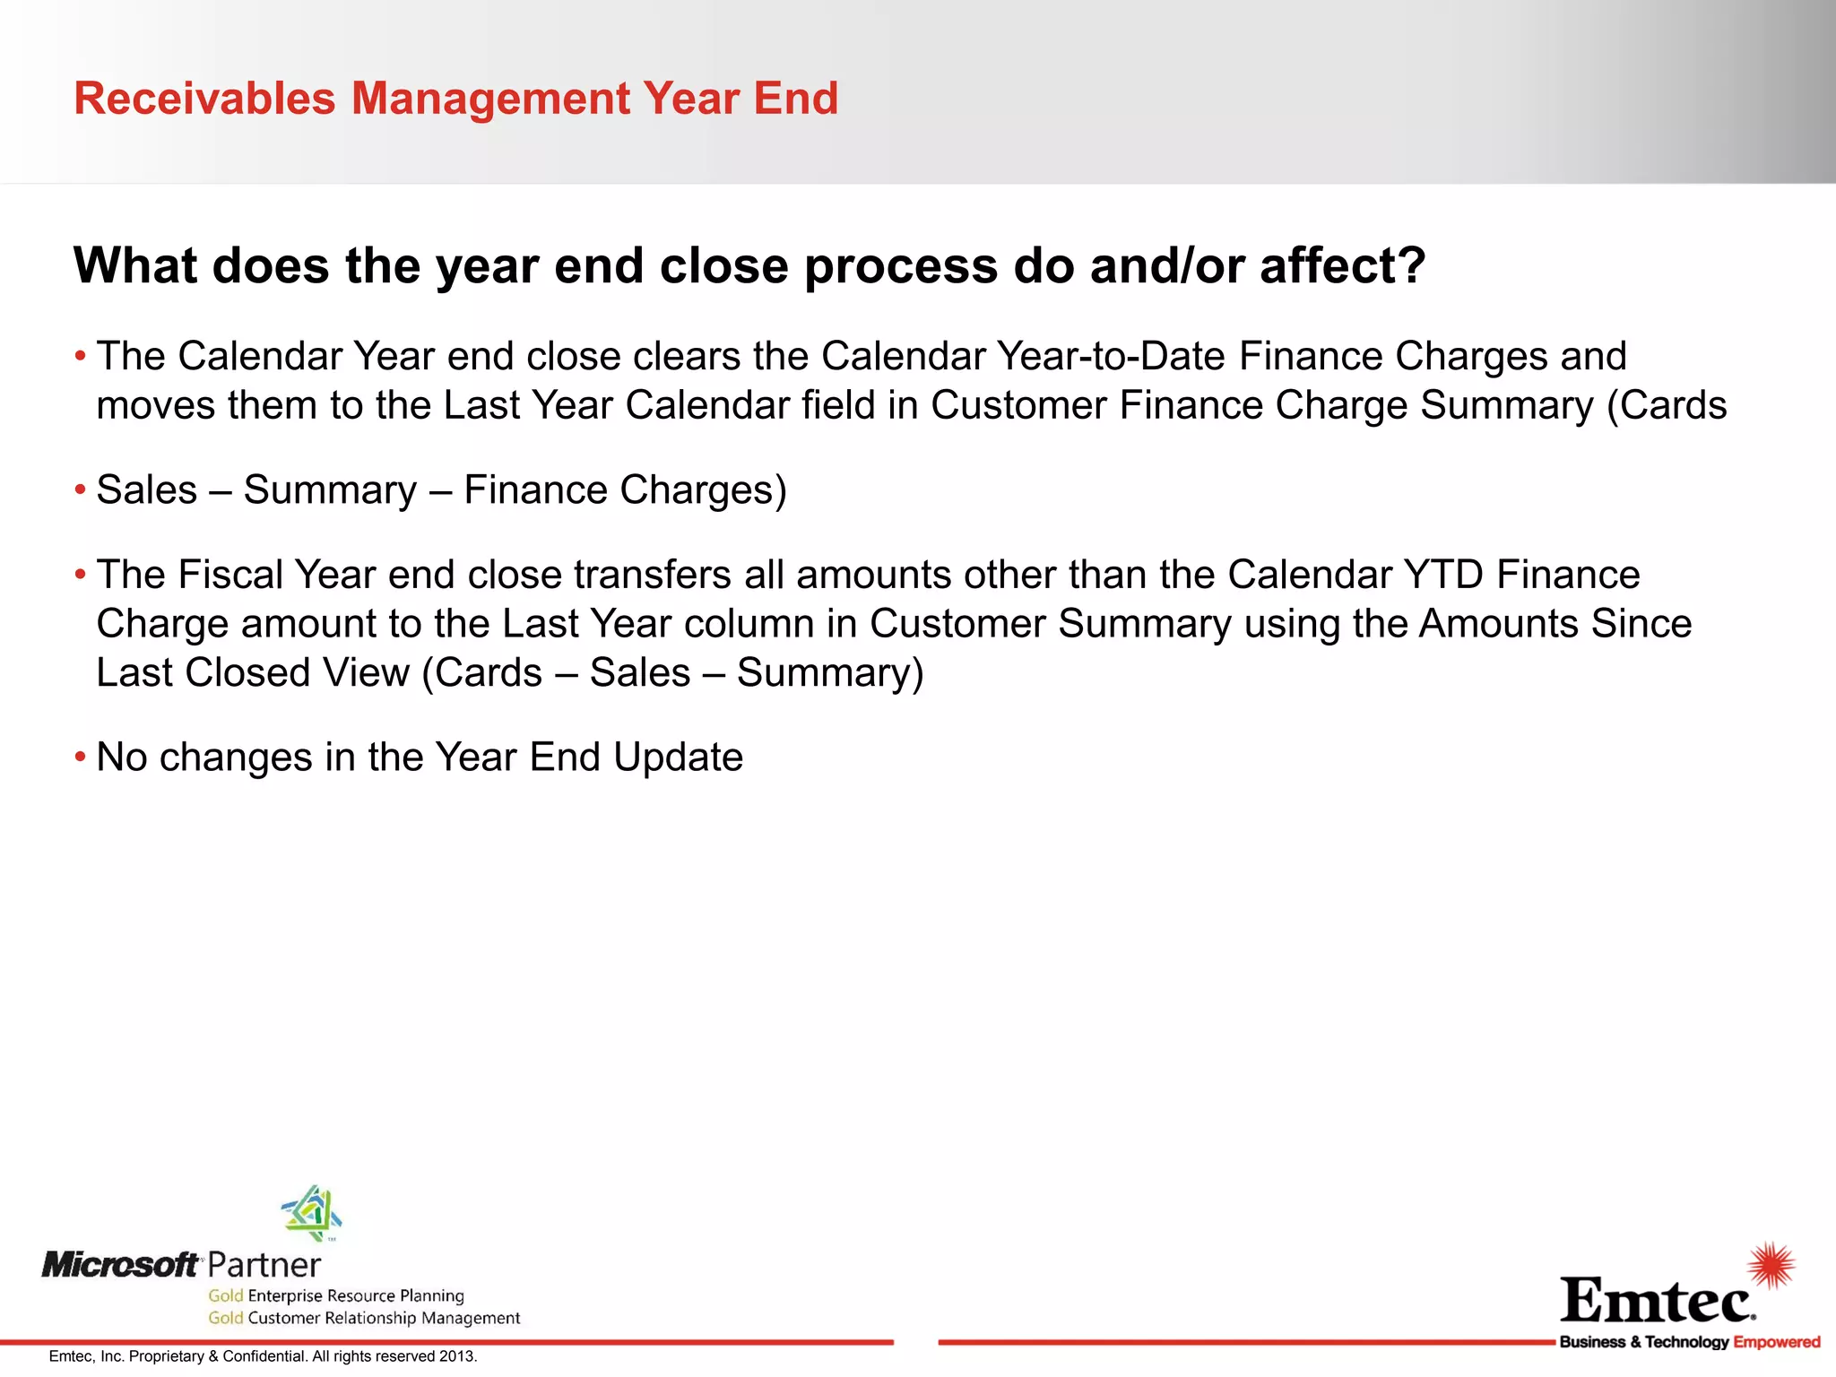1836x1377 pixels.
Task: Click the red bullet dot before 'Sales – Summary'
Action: pos(80,490)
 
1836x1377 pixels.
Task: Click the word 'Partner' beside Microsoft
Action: pos(264,1266)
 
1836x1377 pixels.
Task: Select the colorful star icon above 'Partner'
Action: pos(312,1212)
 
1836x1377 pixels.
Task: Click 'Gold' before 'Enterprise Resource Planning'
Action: pos(225,1295)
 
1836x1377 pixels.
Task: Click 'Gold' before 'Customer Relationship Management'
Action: pos(225,1318)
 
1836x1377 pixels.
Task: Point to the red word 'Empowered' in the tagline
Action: pos(1776,1342)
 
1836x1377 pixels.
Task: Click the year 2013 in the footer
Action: pos(457,1356)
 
